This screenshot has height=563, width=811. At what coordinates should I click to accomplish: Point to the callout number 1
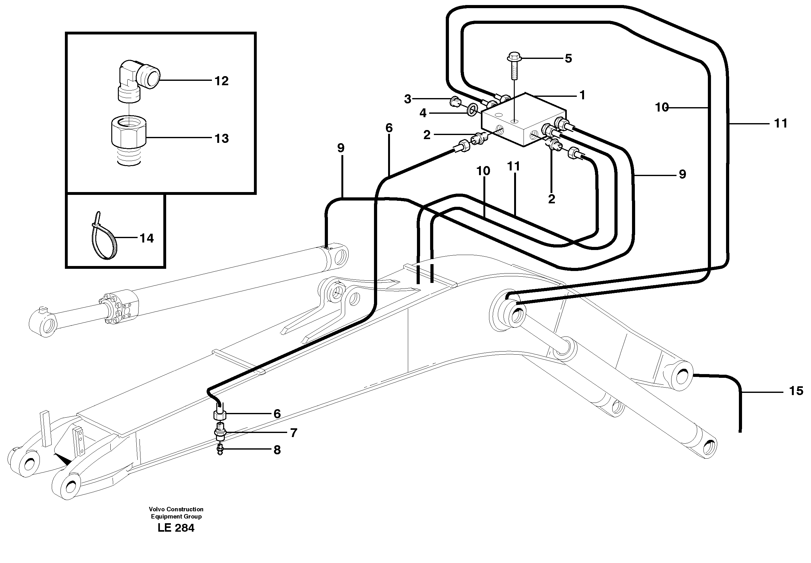pos(582,95)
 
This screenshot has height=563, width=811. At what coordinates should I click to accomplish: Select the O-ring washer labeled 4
pos(472,110)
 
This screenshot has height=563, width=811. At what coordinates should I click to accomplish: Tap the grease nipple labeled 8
pos(220,450)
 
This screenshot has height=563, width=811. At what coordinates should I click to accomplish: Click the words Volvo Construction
pos(176,509)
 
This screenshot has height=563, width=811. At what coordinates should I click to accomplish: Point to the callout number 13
pos(222,138)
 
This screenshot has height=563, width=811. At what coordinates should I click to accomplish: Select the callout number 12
pos(222,81)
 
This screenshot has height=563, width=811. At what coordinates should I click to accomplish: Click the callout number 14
pos(146,238)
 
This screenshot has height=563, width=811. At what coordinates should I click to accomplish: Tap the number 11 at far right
pos(780,123)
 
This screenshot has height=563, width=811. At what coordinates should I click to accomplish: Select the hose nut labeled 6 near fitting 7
pos(219,414)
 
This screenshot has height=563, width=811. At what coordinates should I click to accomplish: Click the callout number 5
pos(568,59)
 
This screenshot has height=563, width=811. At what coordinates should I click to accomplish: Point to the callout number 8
pos(277,450)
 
